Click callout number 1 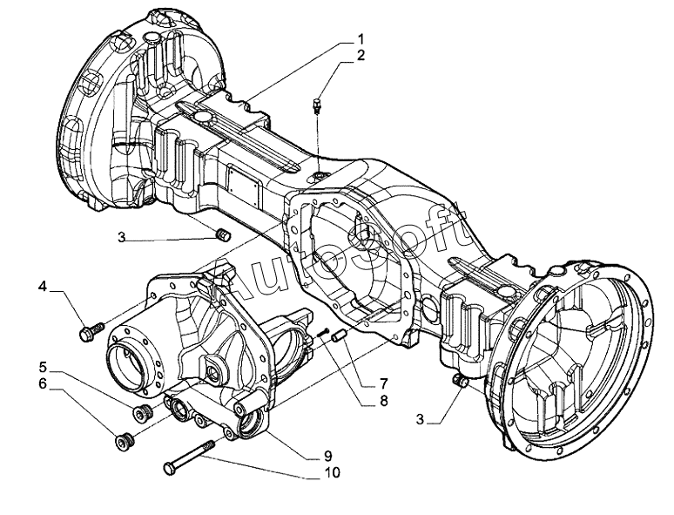[361, 39]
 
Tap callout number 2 [361, 56]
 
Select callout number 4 [42, 286]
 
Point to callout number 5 [43, 367]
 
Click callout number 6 [42, 383]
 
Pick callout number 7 [383, 383]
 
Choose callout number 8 [383, 401]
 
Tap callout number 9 [328, 455]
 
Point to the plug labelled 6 [125, 440]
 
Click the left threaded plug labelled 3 [223, 235]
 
